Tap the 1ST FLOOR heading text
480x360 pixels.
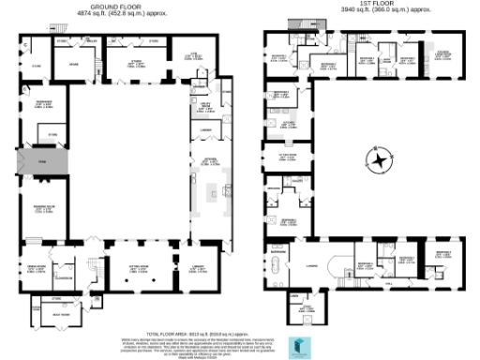coord(376,6)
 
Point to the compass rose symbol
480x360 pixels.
coord(378,160)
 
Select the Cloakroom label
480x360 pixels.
coord(65,277)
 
